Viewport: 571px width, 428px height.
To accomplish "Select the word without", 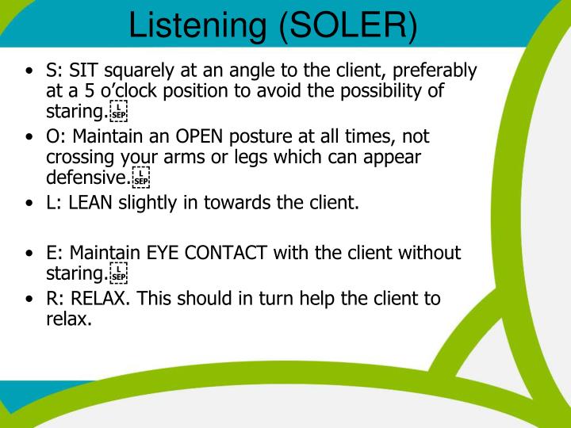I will [x=428, y=254].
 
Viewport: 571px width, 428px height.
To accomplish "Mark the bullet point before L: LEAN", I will [x=30, y=204].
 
